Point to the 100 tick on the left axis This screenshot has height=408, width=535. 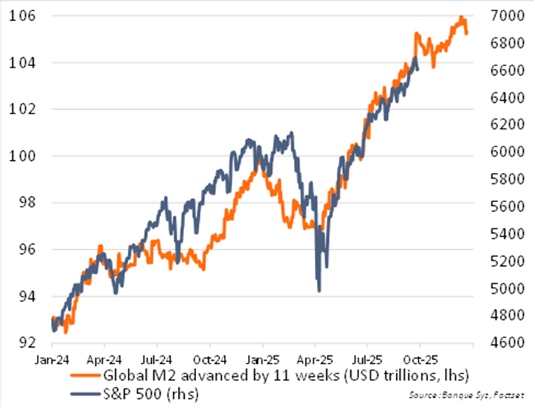coord(21,156)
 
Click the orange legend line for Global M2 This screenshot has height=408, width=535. coord(83,374)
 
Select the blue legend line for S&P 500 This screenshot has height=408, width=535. coord(83,390)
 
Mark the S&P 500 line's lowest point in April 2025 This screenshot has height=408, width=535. coord(319,291)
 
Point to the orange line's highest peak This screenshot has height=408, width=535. coord(461,17)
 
